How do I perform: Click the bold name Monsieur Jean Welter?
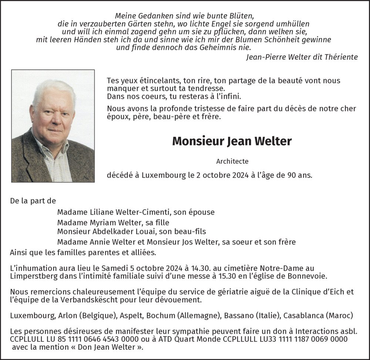pos(232,141)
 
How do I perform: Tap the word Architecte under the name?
pos(232,161)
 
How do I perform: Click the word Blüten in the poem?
pos(241,16)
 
